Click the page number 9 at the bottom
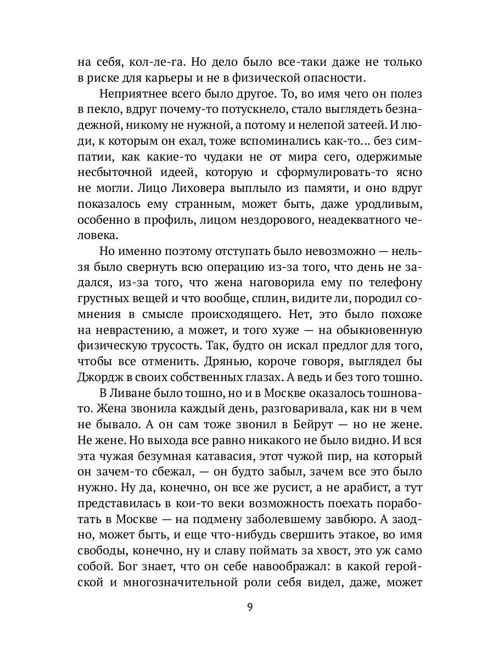point(250,607)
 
